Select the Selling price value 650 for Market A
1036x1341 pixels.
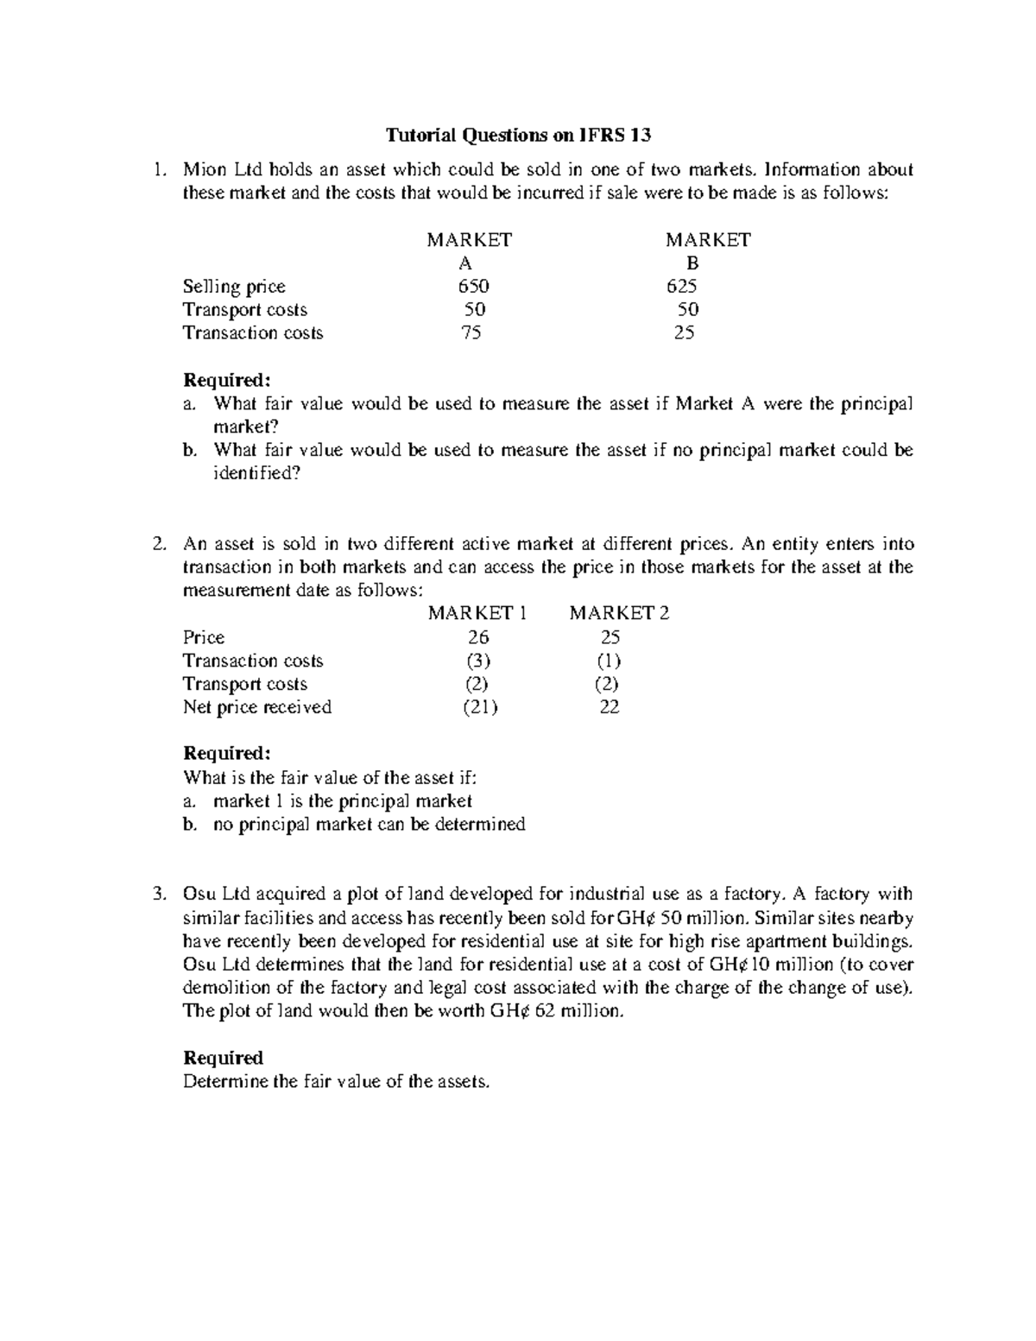click(x=472, y=286)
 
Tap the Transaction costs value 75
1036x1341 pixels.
click(x=471, y=332)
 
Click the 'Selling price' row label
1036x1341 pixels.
click(x=233, y=286)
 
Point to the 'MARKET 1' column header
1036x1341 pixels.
click(x=477, y=613)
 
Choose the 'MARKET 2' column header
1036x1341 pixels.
click(x=619, y=613)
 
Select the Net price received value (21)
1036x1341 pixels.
click(x=480, y=707)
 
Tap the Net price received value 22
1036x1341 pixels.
click(x=610, y=707)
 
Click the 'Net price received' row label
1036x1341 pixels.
click(x=256, y=707)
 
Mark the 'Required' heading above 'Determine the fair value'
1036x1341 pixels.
click(x=223, y=1058)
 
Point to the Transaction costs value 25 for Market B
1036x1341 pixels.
click(x=684, y=332)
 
